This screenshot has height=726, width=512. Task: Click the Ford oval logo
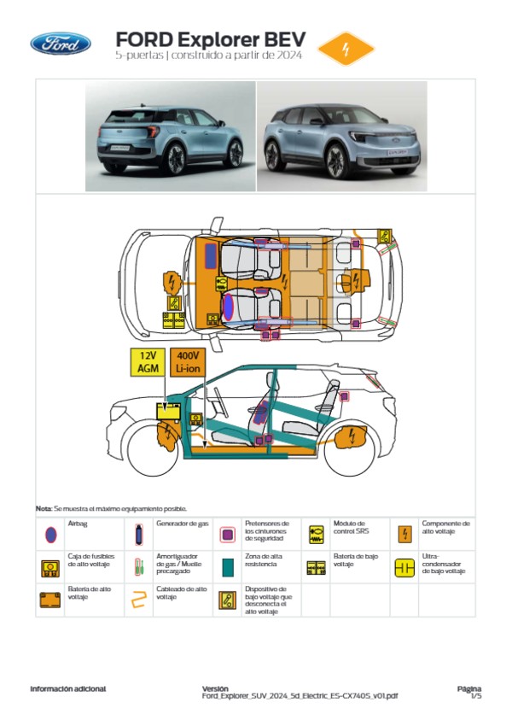(x=61, y=44)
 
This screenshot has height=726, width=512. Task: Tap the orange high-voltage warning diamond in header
(x=346, y=49)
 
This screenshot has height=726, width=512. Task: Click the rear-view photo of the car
(x=171, y=137)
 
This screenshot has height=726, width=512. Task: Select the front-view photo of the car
(x=340, y=137)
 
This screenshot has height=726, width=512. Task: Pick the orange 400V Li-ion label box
(x=187, y=362)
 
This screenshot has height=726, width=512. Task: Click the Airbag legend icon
(x=50, y=534)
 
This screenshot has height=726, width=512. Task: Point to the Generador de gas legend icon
(x=139, y=534)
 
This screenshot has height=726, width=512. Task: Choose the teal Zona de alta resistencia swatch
(x=228, y=566)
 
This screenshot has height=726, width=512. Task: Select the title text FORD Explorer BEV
(x=210, y=40)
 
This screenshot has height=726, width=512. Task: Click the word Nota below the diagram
(x=44, y=508)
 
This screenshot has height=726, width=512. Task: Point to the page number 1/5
(x=476, y=696)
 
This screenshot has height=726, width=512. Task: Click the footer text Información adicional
(x=68, y=688)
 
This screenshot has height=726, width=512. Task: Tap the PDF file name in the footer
(x=300, y=696)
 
